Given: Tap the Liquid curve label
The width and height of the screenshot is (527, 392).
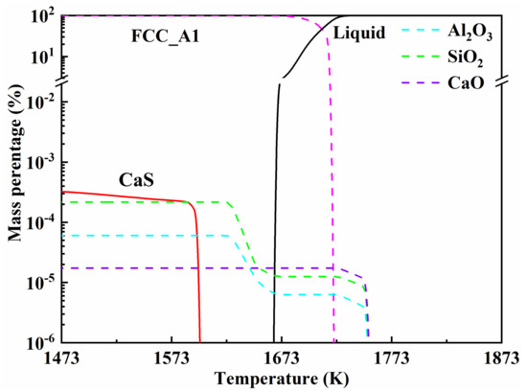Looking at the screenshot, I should point(358,34).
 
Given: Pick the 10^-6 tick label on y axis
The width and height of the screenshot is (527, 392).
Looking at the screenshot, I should point(39,342).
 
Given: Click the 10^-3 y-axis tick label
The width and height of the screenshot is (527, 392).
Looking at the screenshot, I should point(39,162).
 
